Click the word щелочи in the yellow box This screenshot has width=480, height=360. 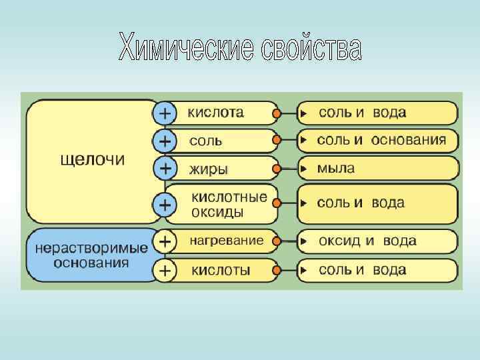tap(93, 161)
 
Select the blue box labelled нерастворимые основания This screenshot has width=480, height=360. tap(91, 255)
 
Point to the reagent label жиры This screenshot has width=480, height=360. tap(209, 169)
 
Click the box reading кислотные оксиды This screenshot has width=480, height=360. tap(229, 204)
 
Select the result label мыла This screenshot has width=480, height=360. tap(336, 169)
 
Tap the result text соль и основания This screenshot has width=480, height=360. tap(381, 141)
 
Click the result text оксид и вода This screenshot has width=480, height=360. tap(367, 241)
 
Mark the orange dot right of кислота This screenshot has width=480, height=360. tap(277, 114)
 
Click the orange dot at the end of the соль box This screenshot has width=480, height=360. tap(277, 141)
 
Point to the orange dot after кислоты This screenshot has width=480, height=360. tap(277, 270)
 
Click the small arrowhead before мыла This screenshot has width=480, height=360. tap(303, 169)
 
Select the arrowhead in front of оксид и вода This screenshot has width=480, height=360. tap(303, 241)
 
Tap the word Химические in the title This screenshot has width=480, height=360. tap(186, 46)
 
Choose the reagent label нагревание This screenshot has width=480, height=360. tap(227, 240)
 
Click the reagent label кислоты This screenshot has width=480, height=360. tap(221, 270)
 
